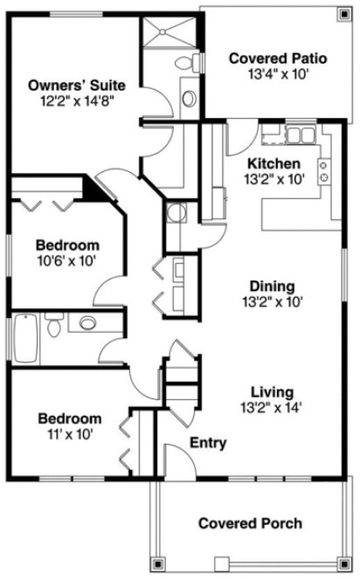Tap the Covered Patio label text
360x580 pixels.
click(277, 59)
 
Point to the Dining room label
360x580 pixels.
click(272, 287)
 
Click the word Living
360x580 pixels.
click(272, 391)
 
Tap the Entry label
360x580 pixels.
click(208, 443)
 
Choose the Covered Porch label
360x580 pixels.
click(250, 523)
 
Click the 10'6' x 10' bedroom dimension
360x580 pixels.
click(66, 260)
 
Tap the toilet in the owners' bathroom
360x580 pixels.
click(185, 63)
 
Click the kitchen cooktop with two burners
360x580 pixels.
click(324, 170)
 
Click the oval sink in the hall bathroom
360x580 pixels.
click(88, 323)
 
